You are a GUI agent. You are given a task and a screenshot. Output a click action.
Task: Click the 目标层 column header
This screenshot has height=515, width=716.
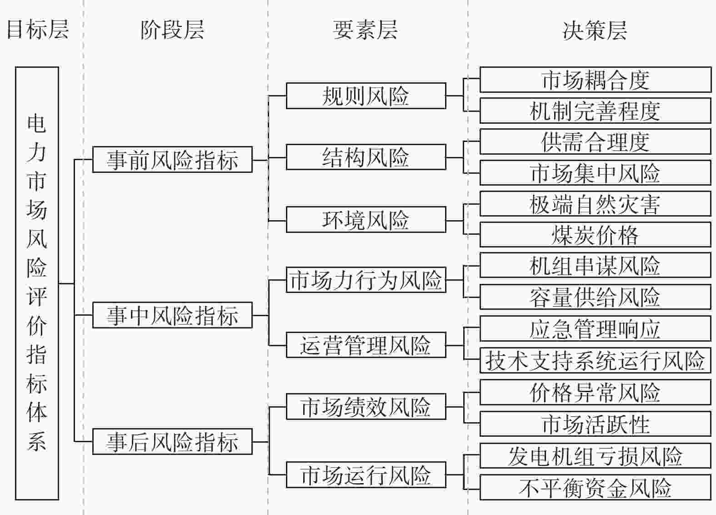pyautogui.click(x=38, y=30)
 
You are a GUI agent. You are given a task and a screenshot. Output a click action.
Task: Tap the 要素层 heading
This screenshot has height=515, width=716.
pyautogui.click(x=366, y=30)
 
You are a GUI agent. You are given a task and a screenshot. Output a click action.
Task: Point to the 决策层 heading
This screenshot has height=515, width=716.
pyautogui.click(x=595, y=30)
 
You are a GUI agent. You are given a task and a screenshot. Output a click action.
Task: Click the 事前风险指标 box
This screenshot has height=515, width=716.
pyautogui.click(x=173, y=160)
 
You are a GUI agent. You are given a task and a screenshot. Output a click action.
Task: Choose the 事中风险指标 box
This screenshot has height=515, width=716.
pyautogui.click(x=173, y=315)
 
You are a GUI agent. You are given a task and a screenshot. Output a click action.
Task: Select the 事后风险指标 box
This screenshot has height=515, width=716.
pyautogui.click(x=173, y=441)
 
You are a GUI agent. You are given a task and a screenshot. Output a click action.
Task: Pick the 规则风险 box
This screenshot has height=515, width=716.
pyautogui.click(x=366, y=96)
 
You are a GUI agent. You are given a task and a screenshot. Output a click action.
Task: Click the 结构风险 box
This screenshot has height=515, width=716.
pyautogui.click(x=366, y=157)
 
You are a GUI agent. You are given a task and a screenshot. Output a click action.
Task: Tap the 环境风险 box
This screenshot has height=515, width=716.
pyautogui.click(x=366, y=219)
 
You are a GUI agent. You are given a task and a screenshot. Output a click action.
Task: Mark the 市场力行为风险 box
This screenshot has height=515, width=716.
pyautogui.click(x=366, y=280)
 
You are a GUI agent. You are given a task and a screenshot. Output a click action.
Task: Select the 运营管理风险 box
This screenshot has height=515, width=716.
pyautogui.click(x=366, y=345)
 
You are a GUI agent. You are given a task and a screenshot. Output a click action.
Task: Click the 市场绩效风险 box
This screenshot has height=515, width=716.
pyautogui.click(x=366, y=407)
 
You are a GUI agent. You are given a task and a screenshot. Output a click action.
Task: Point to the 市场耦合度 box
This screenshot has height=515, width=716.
pyautogui.click(x=596, y=80)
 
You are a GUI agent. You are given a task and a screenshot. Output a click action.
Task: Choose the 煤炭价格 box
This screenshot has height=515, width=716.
pyautogui.click(x=596, y=235)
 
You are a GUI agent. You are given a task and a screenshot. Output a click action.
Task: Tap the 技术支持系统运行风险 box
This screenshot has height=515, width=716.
pyautogui.click(x=596, y=360)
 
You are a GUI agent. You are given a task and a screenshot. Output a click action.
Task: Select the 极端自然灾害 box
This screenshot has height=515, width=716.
pyautogui.click(x=596, y=204)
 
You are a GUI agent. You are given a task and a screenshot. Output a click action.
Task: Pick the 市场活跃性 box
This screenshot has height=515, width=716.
pyautogui.click(x=596, y=424)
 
